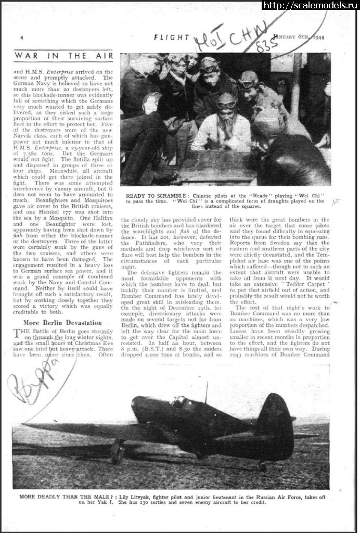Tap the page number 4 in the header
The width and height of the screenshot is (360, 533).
point(21,38)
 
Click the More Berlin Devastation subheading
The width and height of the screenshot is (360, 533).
point(63,323)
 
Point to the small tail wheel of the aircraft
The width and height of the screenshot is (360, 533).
point(263,466)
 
